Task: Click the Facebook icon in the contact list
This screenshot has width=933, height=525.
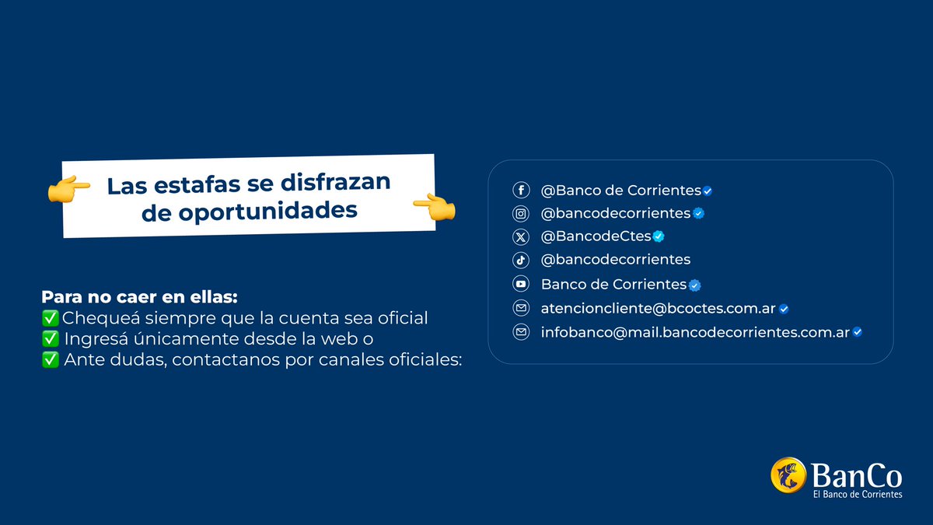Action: (x=521, y=191)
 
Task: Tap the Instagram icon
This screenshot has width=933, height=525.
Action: (x=521, y=213)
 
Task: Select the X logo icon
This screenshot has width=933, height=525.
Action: (x=521, y=236)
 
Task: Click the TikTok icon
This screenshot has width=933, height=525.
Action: (x=521, y=260)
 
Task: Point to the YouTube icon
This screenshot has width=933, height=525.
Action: (x=521, y=284)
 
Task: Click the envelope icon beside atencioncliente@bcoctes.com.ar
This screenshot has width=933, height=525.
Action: (x=521, y=309)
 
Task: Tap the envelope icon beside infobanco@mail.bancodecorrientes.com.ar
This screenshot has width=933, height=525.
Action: (x=521, y=332)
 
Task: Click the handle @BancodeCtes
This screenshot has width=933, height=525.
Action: (x=596, y=236)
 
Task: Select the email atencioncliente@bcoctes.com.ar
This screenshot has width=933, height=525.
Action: (x=658, y=309)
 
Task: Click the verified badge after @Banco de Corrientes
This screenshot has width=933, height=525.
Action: (x=708, y=191)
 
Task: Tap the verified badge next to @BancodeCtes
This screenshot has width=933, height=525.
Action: (x=658, y=236)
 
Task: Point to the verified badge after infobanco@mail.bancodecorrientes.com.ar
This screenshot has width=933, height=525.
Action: (x=857, y=332)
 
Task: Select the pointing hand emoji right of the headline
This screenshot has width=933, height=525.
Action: (x=434, y=207)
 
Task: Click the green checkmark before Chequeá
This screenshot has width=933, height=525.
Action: (x=50, y=318)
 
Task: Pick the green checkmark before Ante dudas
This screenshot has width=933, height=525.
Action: (x=50, y=360)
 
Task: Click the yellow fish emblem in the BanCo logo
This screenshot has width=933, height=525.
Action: (x=788, y=475)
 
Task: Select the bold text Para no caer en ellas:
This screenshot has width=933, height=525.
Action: (x=139, y=298)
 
